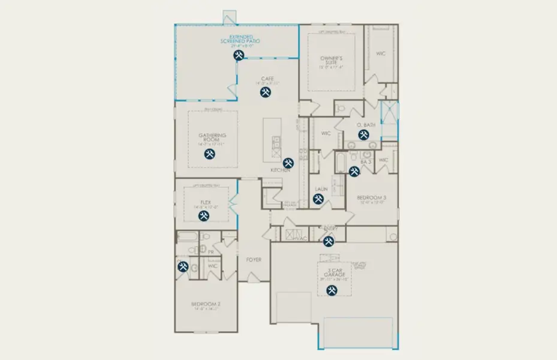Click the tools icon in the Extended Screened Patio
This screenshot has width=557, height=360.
click(239, 56)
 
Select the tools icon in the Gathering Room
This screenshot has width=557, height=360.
click(210, 154)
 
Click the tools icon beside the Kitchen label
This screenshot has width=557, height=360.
click(288, 163)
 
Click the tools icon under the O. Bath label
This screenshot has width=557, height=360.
click(363, 135)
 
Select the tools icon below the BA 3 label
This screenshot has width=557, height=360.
click(354, 172)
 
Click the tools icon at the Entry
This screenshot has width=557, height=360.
click(329, 241)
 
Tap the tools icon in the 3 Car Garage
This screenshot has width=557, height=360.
click(331, 290)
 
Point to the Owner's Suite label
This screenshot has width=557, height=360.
click(330, 61)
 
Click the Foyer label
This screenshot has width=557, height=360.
click(254, 260)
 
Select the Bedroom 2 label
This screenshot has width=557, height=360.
click(206, 304)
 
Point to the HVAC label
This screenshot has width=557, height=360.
click(301, 238)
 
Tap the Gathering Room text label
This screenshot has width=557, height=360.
click(212, 137)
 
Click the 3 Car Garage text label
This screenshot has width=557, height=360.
click(330, 274)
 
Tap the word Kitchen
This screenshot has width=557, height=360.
click(280, 170)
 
